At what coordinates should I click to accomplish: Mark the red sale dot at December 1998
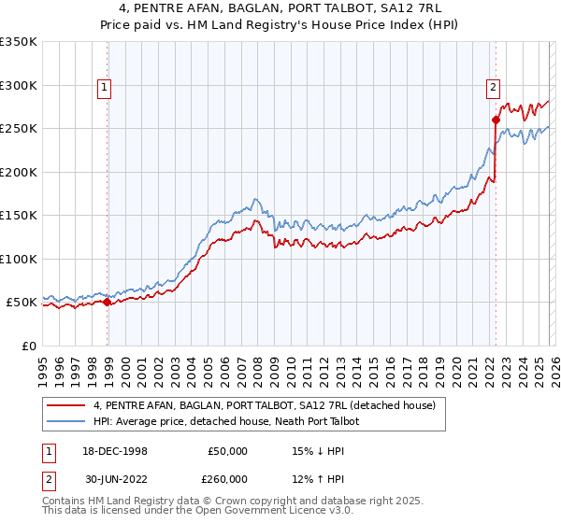click(108, 302)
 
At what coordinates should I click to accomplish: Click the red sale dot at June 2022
click(496, 120)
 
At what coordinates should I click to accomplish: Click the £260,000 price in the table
click(228, 479)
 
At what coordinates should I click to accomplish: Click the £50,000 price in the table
click(228, 451)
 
